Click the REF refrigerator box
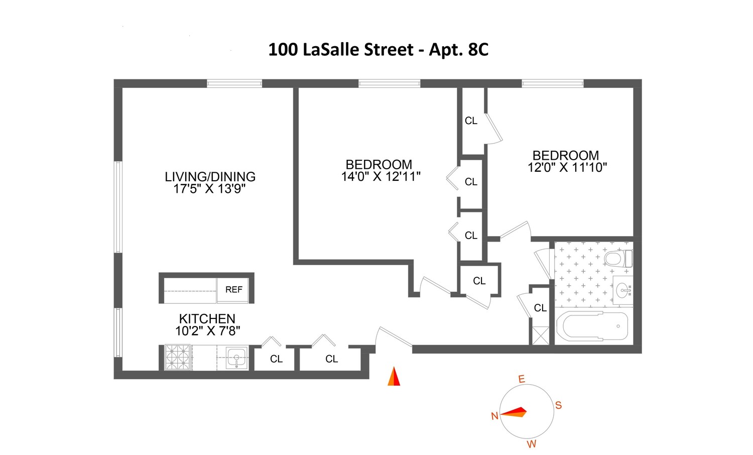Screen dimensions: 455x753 pos(233,290)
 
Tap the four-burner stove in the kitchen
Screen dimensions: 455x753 pos(178,357)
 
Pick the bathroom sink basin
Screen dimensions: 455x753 pos(623,290)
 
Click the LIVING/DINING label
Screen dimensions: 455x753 pos(210,177)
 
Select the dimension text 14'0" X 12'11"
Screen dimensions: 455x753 pos(381,176)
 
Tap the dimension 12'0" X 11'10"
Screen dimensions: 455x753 pos(567,168)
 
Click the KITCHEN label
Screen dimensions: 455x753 pos(207,319)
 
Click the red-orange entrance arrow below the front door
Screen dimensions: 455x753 pos(394,377)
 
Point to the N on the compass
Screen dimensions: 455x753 pos(494,416)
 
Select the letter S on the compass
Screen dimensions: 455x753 pos(558,405)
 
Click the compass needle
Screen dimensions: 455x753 pos(514,412)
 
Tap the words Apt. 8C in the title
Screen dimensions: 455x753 pos(458,50)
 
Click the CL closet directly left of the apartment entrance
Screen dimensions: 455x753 pos(331,359)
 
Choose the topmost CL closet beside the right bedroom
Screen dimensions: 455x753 pos(471,121)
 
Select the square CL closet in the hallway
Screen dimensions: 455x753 pos(479,281)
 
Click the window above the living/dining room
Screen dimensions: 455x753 pos(234,83)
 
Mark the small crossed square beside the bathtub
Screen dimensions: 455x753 pos(541,335)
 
